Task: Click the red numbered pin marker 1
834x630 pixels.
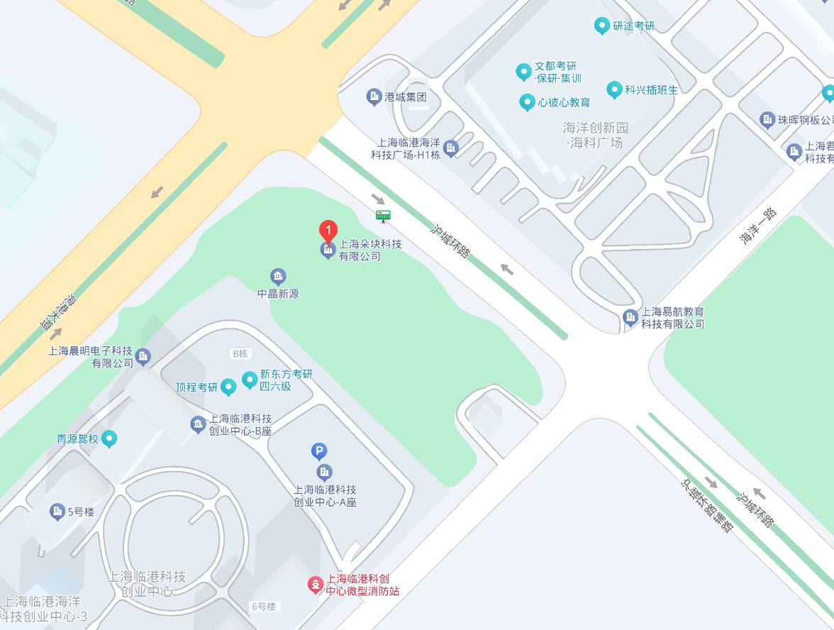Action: coord(328,231)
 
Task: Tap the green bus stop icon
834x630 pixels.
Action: coord(383,215)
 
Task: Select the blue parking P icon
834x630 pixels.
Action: coord(320,451)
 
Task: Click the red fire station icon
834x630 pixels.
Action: coord(314,585)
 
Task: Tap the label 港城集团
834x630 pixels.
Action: coord(405,97)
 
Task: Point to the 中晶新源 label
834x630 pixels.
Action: coord(278,293)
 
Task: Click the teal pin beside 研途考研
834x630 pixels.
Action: coord(601,26)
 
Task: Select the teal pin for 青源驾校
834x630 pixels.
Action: coord(109,439)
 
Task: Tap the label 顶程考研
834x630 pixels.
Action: coord(196,387)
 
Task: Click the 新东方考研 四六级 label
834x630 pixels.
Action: coord(286,380)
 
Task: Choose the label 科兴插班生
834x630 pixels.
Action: coord(651,90)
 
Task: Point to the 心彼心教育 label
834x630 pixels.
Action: coord(564,102)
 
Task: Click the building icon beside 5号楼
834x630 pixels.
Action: coord(57,511)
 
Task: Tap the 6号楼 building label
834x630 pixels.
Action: coord(262,607)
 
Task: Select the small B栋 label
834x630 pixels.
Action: coord(240,353)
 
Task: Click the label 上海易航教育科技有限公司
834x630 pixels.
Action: coord(673,318)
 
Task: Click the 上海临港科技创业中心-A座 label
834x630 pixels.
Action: coord(325,496)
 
